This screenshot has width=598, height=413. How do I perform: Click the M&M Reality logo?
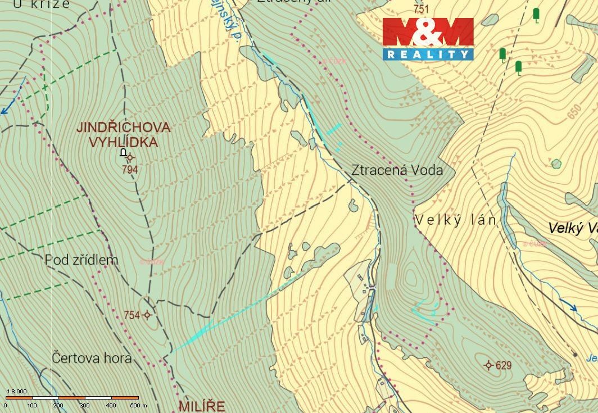(x=428, y=38)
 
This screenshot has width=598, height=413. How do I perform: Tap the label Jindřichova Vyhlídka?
(x=123, y=134)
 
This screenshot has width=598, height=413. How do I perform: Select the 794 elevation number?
(x=129, y=169)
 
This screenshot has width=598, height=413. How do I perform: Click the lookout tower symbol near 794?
(x=123, y=152)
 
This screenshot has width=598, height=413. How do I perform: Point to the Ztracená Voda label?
(x=397, y=170)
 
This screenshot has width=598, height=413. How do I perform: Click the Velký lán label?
(x=456, y=220)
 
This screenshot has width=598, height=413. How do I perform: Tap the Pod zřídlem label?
(x=81, y=260)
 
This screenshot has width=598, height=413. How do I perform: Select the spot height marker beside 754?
(x=147, y=315)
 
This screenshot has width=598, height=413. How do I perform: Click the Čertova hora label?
(x=92, y=357)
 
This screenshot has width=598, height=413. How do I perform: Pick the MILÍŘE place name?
(x=202, y=406)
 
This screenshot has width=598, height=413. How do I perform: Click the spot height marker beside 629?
(x=489, y=366)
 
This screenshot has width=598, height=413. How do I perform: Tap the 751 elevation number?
(x=420, y=9)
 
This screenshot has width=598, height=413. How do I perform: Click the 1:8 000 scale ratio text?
(x=16, y=391)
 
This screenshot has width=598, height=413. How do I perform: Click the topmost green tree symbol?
(x=536, y=15)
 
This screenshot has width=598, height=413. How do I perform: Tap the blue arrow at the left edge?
(x=4, y=110)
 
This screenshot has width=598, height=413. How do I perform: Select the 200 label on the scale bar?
(x=58, y=405)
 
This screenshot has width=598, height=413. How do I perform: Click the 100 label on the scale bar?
(x=31, y=405)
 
